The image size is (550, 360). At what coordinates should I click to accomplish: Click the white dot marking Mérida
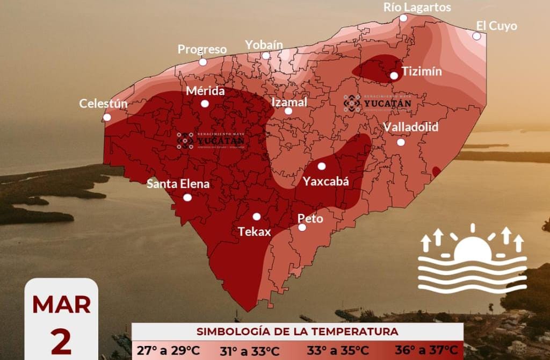205,104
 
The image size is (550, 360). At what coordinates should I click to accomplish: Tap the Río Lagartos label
417,7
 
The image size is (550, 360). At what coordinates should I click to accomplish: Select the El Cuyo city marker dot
476,36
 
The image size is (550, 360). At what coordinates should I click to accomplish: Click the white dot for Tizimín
394,76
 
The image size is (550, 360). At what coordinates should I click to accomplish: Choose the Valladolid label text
410,127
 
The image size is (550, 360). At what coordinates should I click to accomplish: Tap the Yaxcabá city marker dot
322,166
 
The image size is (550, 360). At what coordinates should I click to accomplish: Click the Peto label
310,219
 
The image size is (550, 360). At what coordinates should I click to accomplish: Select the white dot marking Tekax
257,217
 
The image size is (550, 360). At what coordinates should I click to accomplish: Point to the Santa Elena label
178,184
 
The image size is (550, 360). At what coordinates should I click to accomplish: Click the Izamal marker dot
288,111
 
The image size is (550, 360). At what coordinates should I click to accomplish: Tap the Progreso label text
202,49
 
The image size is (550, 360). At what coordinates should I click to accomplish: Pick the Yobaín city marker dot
266,55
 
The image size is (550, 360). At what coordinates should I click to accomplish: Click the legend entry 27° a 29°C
168,350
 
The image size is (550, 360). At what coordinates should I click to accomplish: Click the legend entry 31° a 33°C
250,350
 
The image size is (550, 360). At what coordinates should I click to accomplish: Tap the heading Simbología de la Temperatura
297,330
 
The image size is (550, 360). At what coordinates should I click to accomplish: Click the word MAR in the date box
61,305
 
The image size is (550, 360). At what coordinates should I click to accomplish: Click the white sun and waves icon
472,261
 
